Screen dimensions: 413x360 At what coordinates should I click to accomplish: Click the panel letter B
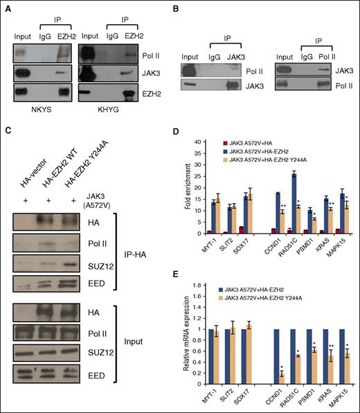click(182, 7)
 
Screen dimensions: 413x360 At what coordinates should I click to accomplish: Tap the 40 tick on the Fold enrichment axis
click(198, 141)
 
